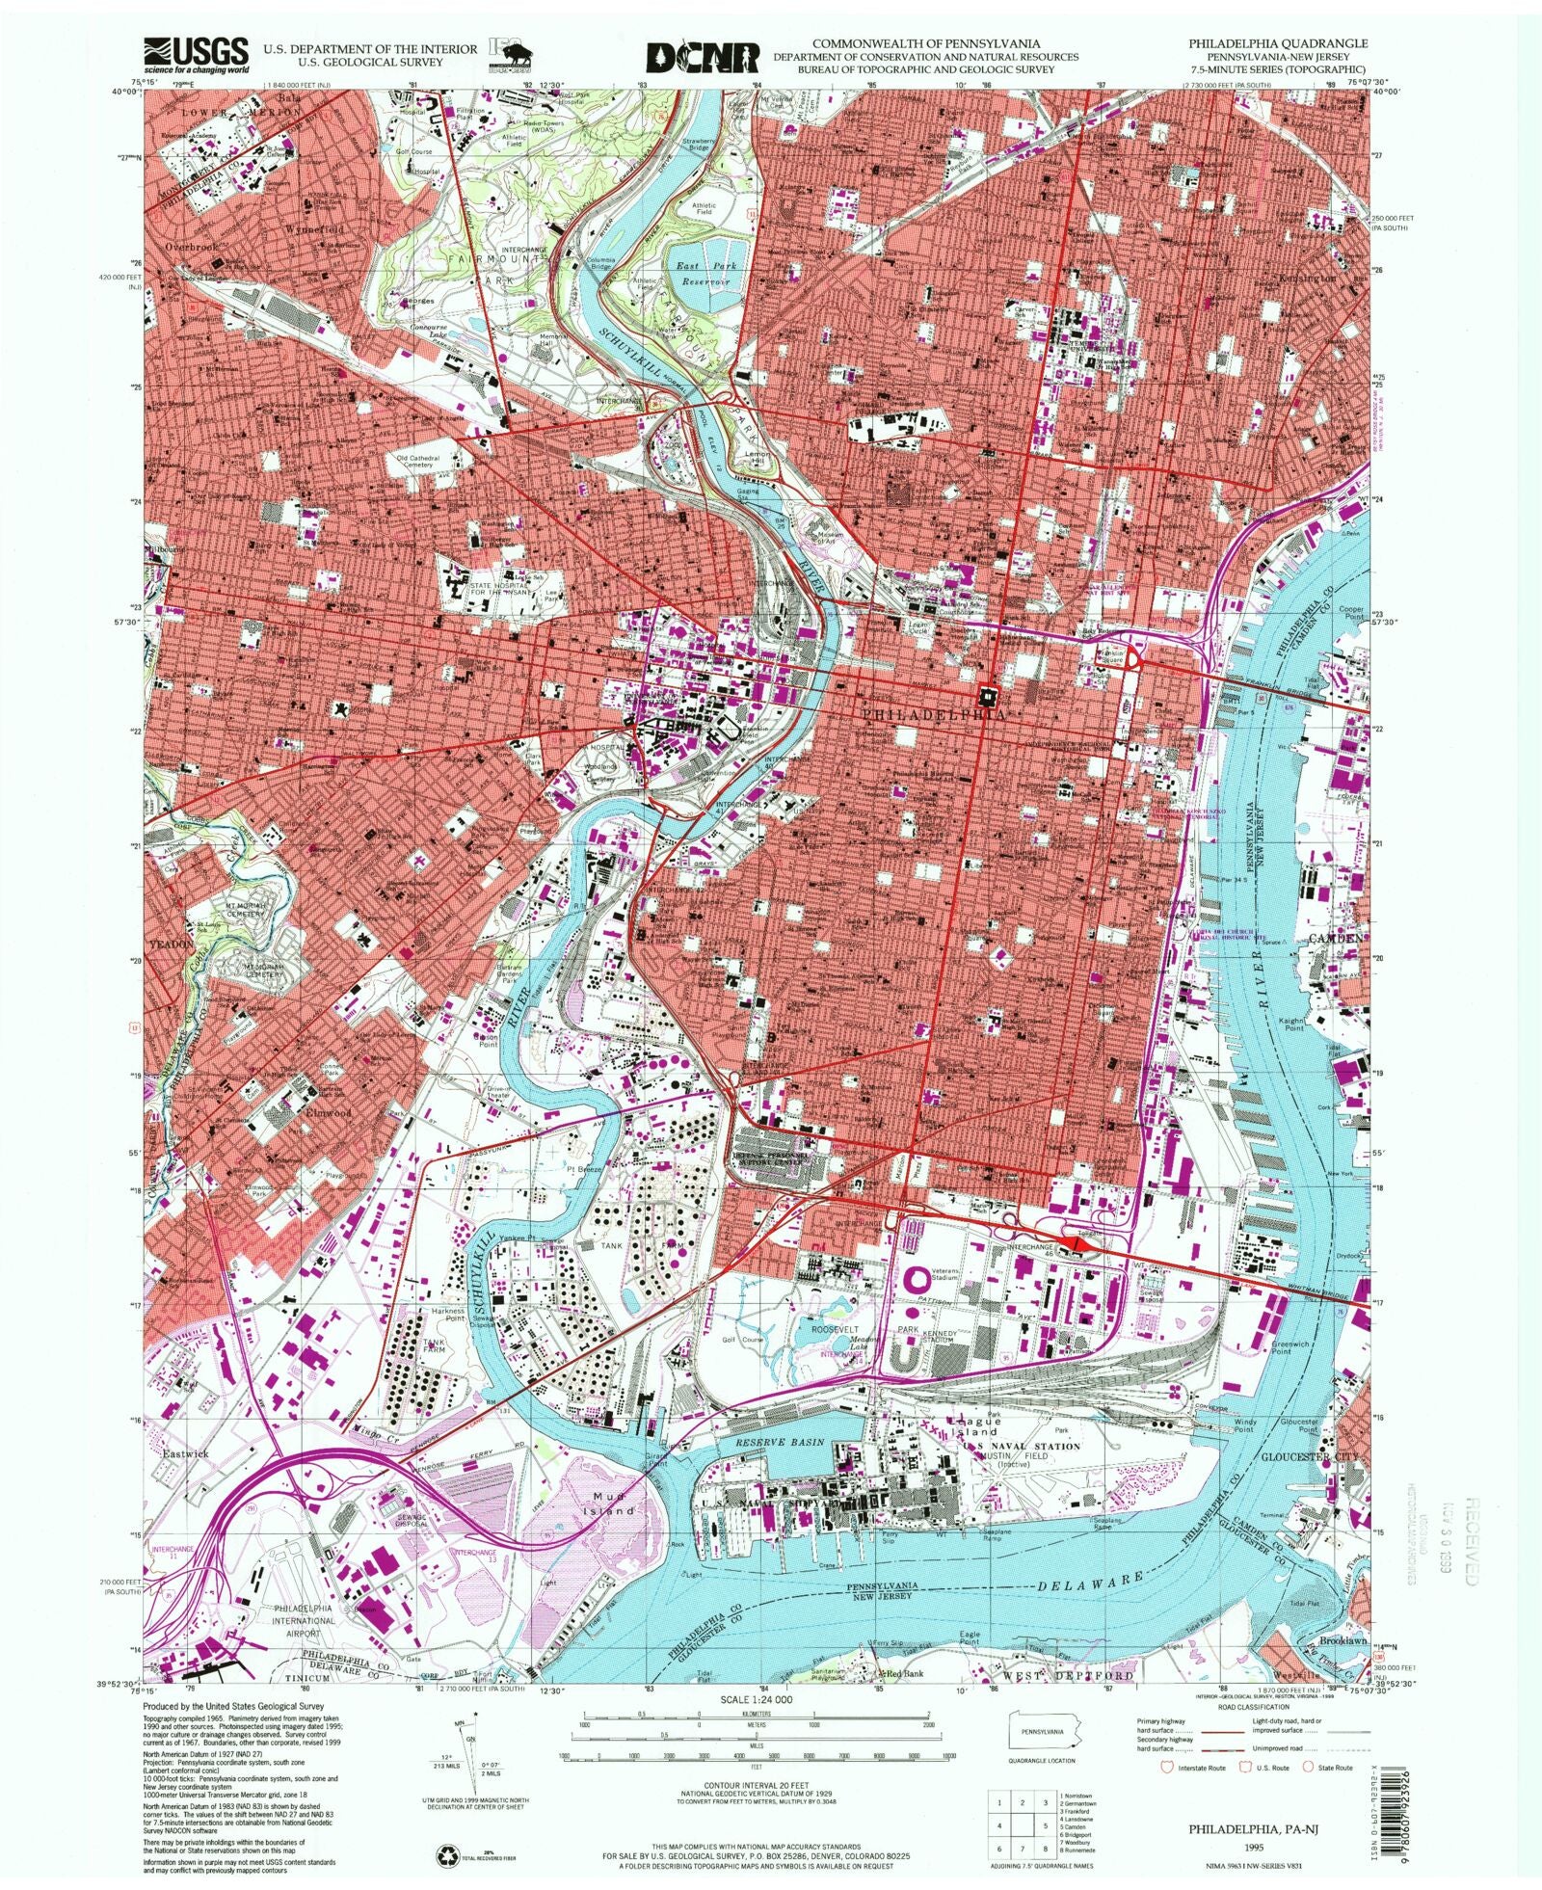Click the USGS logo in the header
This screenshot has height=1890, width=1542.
pyautogui.click(x=197, y=55)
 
